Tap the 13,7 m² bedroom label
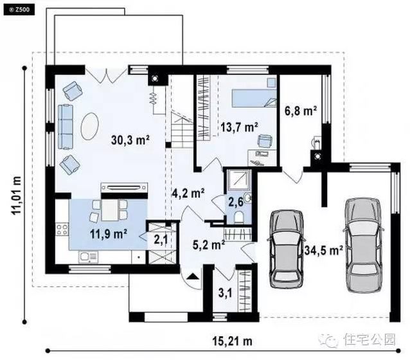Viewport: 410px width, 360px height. click(x=238, y=127)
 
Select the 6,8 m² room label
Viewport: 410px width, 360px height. click(x=301, y=111)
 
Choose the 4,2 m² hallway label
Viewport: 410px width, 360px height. click(x=188, y=192)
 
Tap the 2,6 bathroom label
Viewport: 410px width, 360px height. click(x=235, y=203)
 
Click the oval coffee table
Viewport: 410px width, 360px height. click(x=91, y=125)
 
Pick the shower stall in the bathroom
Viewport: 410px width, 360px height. click(x=236, y=179)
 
